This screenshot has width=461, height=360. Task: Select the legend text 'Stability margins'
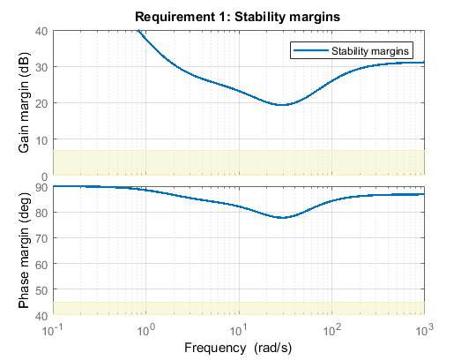click(x=370, y=51)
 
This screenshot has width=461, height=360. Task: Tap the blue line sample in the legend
click(x=310, y=51)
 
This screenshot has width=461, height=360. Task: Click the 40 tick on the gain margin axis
click(x=42, y=30)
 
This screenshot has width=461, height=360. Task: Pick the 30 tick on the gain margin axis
click(x=42, y=66)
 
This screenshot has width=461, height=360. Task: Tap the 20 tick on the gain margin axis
click(x=42, y=103)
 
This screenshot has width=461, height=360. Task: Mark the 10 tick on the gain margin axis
click(x=42, y=139)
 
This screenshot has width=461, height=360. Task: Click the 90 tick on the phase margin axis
click(x=42, y=186)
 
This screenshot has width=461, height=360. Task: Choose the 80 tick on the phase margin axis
click(x=42, y=212)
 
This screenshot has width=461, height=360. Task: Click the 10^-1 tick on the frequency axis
click(x=54, y=330)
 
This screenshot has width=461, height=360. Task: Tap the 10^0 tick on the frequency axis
click(x=146, y=330)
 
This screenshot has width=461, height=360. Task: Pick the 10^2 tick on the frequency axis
click(x=331, y=330)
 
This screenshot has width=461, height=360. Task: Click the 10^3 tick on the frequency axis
click(x=424, y=330)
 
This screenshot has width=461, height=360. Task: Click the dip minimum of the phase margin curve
click(x=282, y=217)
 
